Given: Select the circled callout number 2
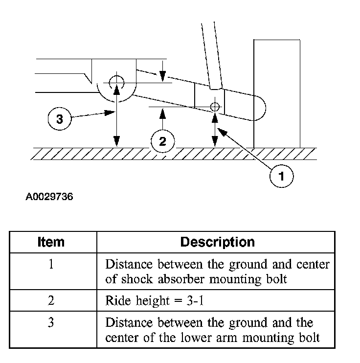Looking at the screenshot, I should coord(162,142).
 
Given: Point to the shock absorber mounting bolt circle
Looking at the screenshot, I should coord(214,106).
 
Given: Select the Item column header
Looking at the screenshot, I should coord(50,242).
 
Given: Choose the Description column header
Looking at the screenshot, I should coord(217,242).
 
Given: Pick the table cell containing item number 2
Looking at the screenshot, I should coord(51,300).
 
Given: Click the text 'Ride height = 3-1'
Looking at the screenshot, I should coord(155,300).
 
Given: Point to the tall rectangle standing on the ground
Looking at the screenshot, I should coord(276,93).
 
